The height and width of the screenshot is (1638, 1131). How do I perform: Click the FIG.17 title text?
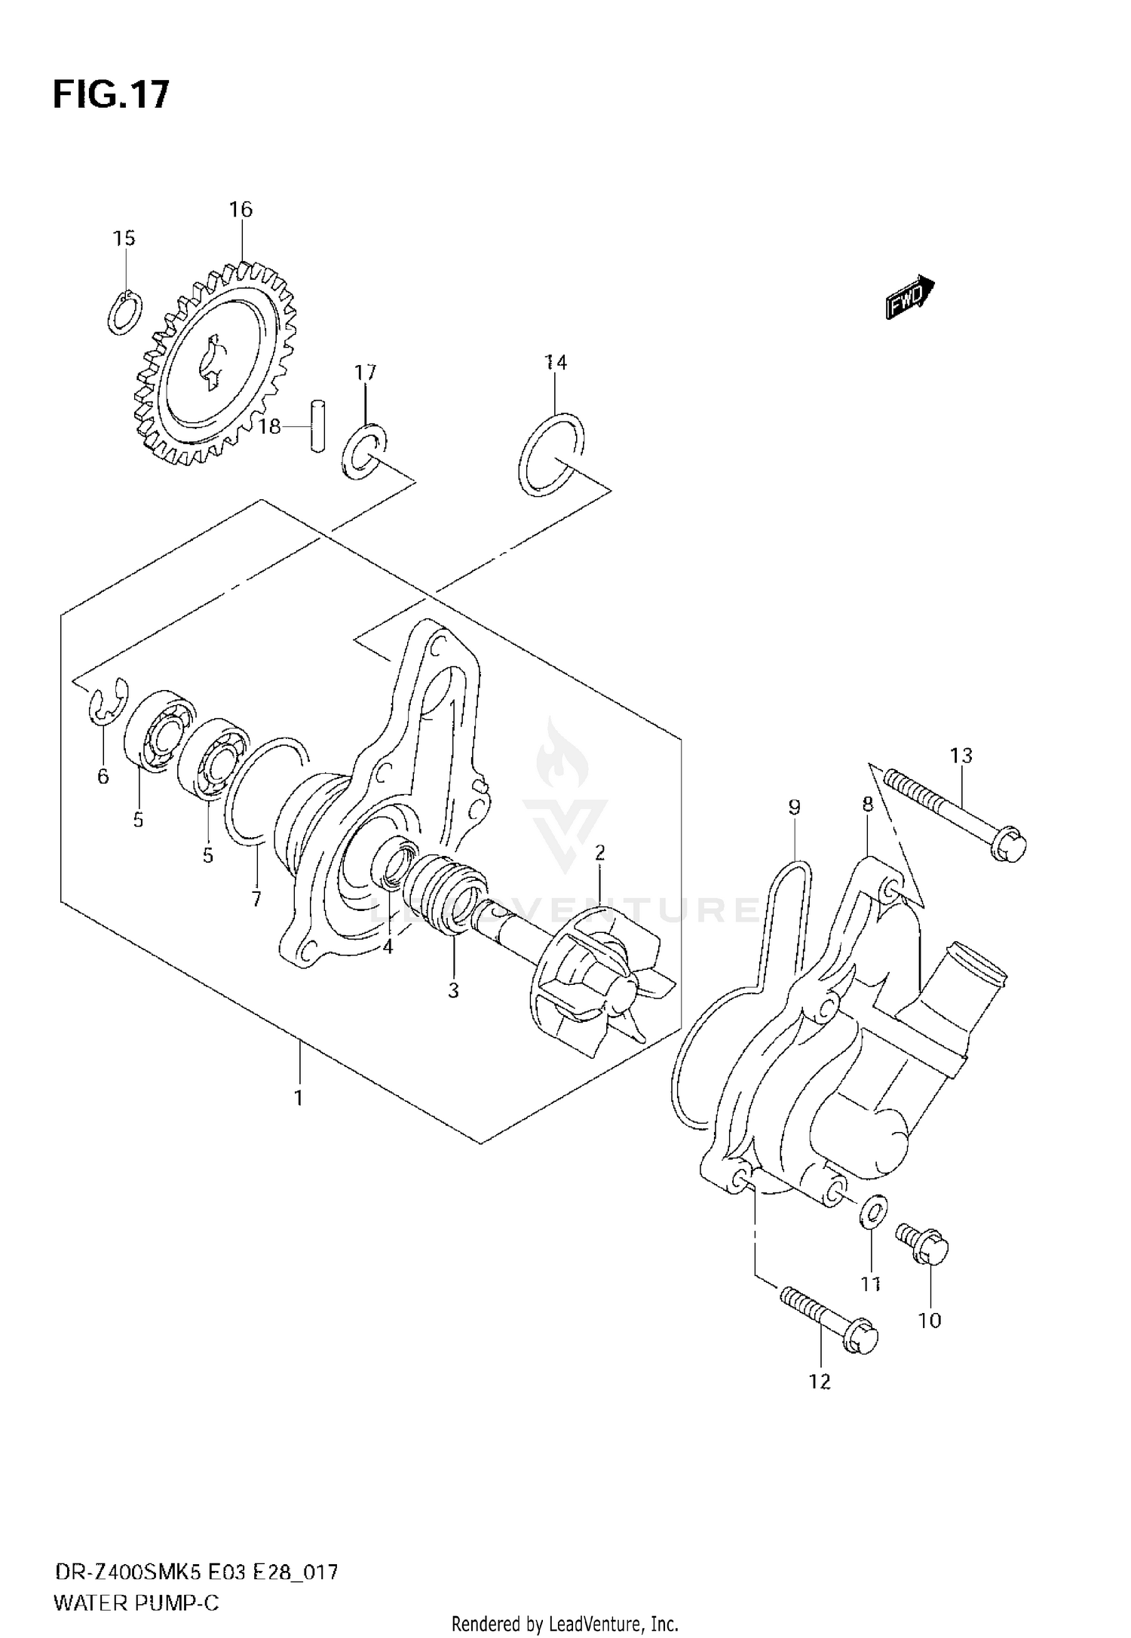[112, 96]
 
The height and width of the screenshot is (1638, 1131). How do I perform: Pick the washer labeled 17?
[364, 452]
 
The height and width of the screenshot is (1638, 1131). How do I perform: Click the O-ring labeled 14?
[552, 454]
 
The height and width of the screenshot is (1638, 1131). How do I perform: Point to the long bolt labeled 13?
[954, 814]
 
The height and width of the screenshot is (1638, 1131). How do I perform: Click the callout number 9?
[794, 808]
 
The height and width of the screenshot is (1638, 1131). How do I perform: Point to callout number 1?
[299, 1097]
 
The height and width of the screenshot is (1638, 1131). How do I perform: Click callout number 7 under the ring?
[256, 898]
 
